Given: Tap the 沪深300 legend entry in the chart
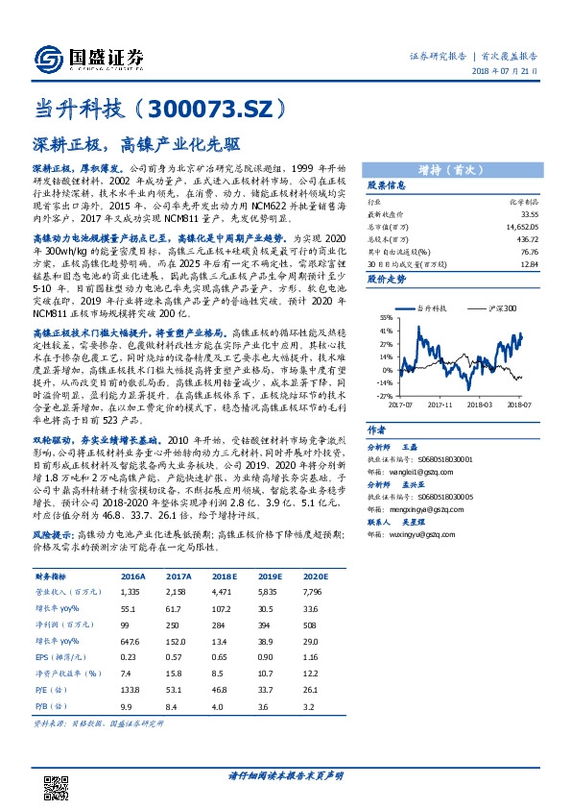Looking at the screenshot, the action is tap(498, 307).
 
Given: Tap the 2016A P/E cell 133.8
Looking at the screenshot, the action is tap(130, 688).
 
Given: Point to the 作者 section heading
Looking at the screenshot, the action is tap(377, 431).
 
